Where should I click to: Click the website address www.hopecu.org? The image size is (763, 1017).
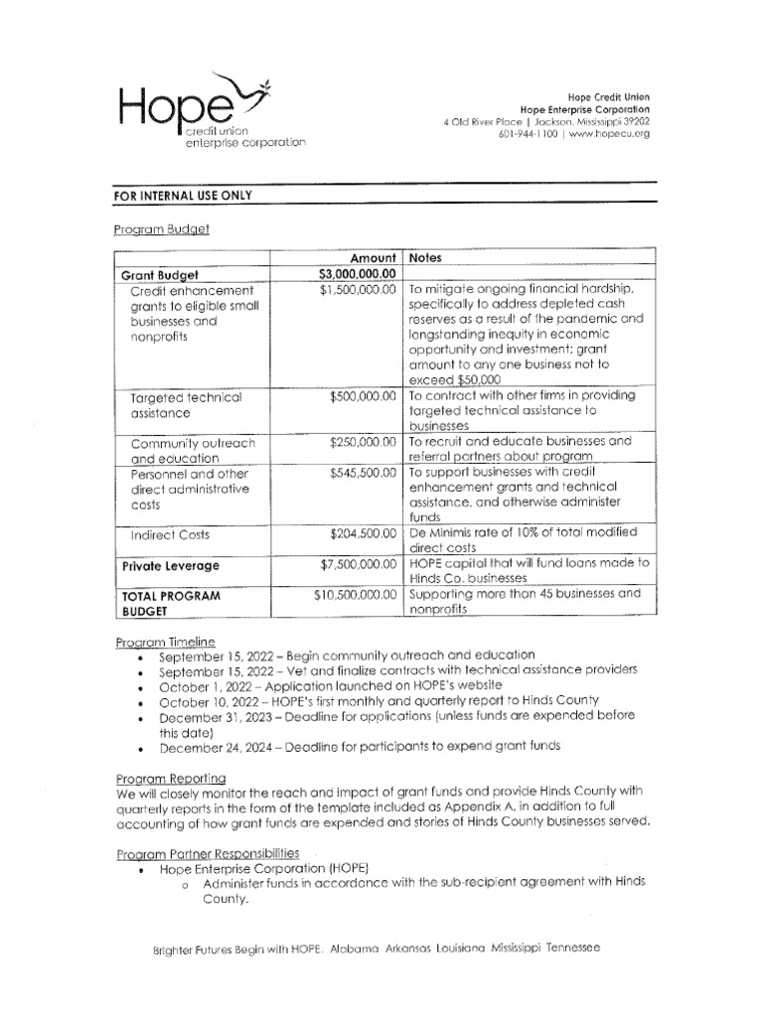[607, 134]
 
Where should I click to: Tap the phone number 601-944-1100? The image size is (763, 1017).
[528, 134]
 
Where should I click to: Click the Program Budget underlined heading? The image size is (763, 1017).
[161, 228]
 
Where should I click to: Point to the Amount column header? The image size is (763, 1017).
[373, 258]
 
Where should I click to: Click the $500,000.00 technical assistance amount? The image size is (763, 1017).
[363, 396]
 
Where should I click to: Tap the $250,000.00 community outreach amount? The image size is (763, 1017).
[363, 442]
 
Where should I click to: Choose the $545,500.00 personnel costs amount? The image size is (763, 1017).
[363, 474]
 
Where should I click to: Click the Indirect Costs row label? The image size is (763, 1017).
[170, 535]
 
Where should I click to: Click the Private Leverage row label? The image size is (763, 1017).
[170, 566]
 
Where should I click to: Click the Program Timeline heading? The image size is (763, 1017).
[165, 642]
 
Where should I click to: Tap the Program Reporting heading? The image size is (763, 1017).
[170, 777]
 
